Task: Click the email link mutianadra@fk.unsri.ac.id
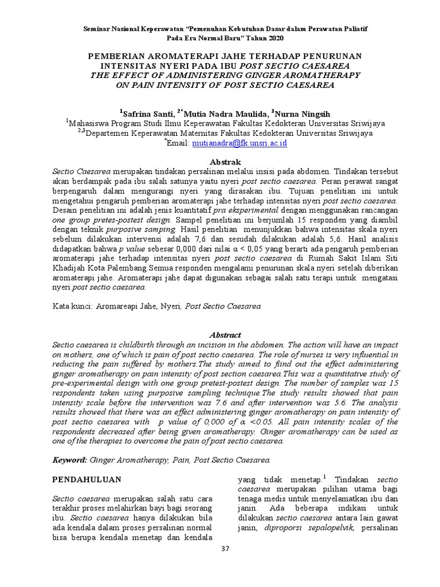[x=239, y=143]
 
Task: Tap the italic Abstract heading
[x=225, y=335]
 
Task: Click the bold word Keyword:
[x=70, y=460]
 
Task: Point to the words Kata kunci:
[x=73, y=306]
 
